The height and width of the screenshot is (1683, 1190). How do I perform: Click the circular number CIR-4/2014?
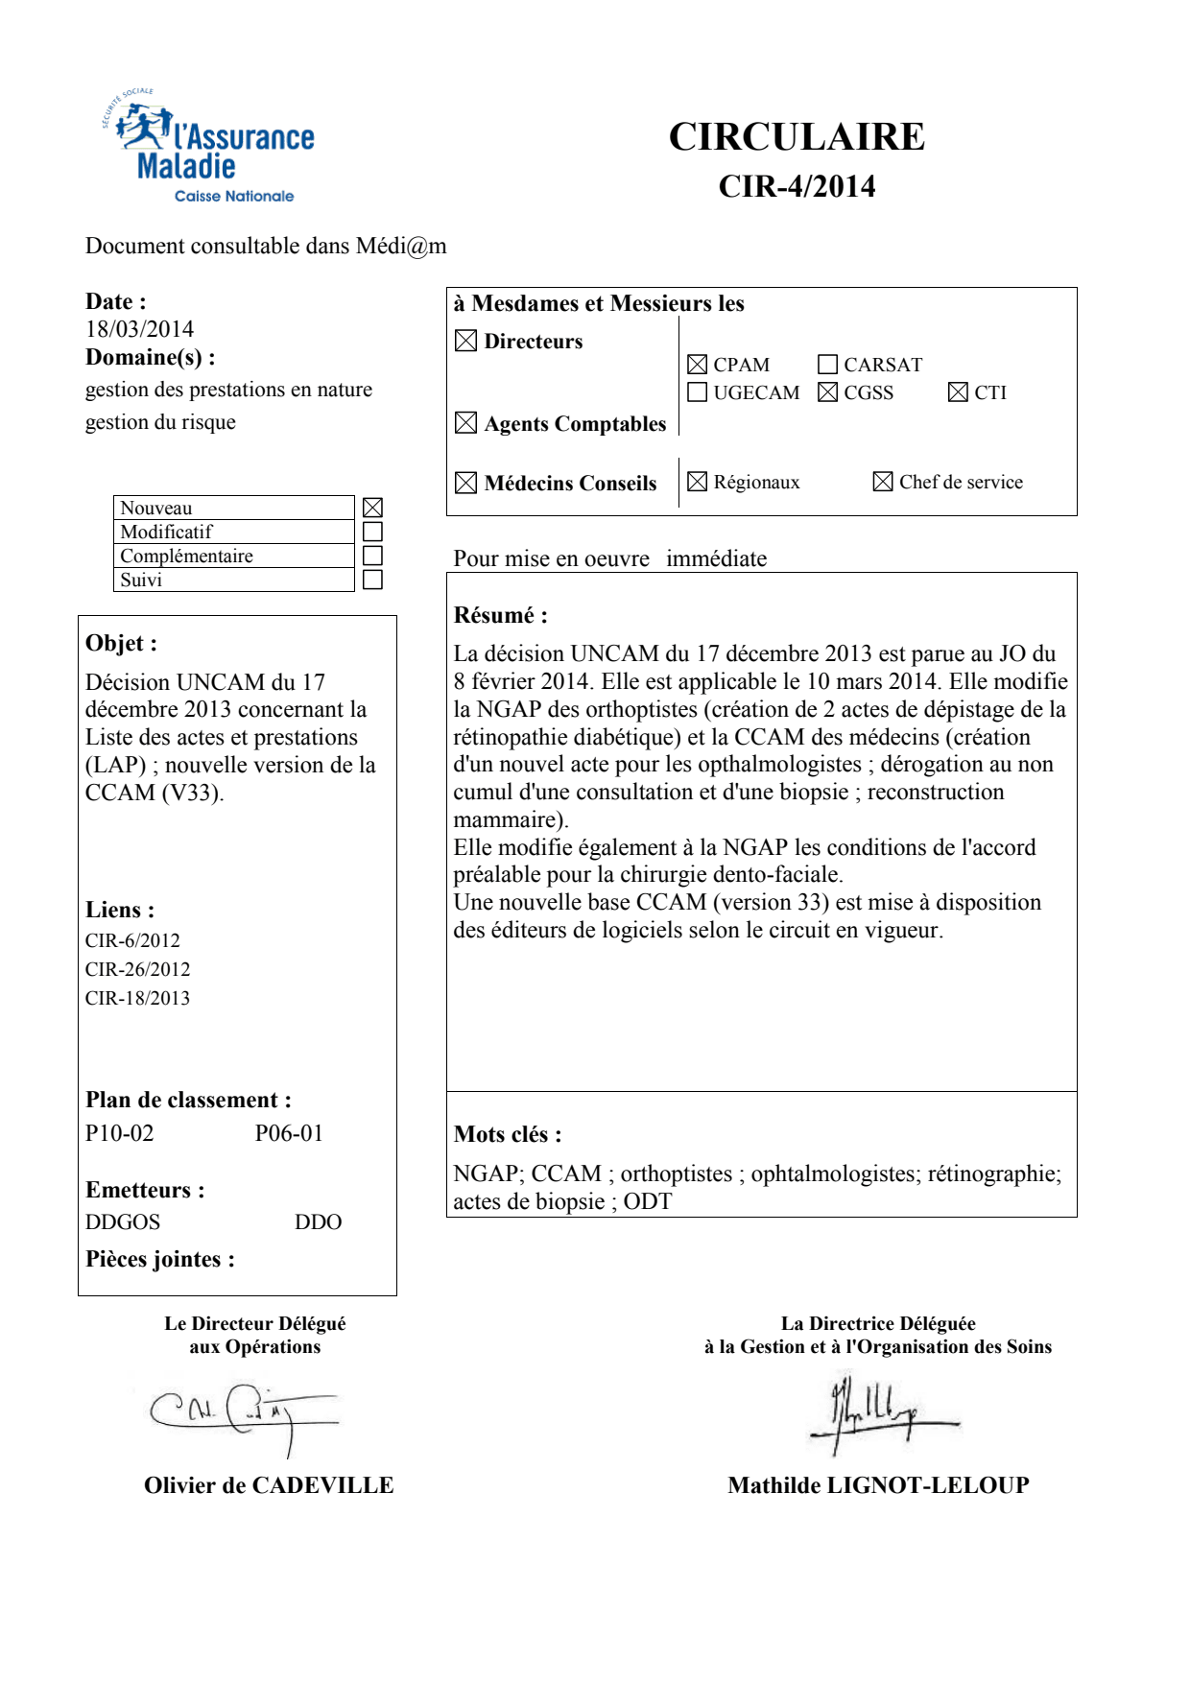(797, 186)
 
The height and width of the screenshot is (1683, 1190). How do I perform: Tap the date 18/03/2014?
(139, 329)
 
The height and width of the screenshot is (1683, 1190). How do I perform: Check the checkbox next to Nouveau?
(373, 508)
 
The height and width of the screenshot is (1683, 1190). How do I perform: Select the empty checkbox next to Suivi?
(373, 580)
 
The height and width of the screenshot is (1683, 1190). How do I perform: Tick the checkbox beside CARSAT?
(827, 365)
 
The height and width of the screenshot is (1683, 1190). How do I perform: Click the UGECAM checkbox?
(698, 392)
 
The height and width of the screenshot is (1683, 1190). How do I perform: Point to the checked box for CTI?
(958, 392)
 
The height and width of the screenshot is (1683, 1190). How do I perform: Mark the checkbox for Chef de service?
(883, 482)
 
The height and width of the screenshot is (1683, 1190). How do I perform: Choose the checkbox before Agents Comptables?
(465, 423)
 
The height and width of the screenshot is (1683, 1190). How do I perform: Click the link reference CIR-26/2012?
(137, 969)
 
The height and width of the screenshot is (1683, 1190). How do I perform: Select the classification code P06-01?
(289, 1133)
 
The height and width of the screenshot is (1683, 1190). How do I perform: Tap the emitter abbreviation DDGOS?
(123, 1221)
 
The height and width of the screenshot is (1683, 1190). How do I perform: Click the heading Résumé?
(500, 615)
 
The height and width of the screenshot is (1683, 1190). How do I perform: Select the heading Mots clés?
(508, 1134)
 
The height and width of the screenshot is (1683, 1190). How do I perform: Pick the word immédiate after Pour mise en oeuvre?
(716, 558)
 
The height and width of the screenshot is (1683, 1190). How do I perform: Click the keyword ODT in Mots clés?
(648, 1201)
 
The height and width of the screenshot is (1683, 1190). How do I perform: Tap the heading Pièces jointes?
(159, 1259)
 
